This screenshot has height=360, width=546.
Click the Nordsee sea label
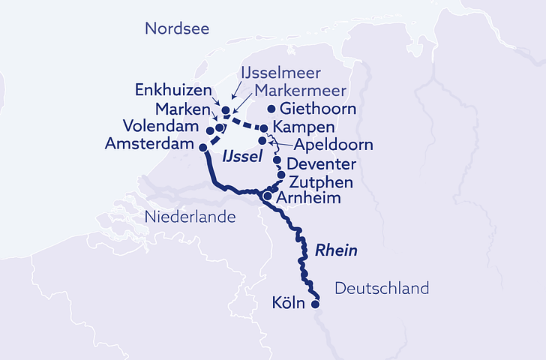tap(176, 28)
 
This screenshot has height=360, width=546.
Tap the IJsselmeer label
tap(280, 73)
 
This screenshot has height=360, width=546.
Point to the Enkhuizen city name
tap(173, 90)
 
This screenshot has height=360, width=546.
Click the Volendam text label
tap(163, 126)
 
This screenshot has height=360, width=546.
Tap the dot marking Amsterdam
tap(202, 148)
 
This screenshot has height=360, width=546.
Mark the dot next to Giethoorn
tap(271, 109)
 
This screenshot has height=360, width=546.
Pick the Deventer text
tap(320, 163)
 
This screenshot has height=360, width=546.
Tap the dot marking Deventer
tap(277, 160)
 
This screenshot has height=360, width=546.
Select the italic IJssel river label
tap(241, 156)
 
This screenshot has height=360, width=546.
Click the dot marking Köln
tap(315, 304)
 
